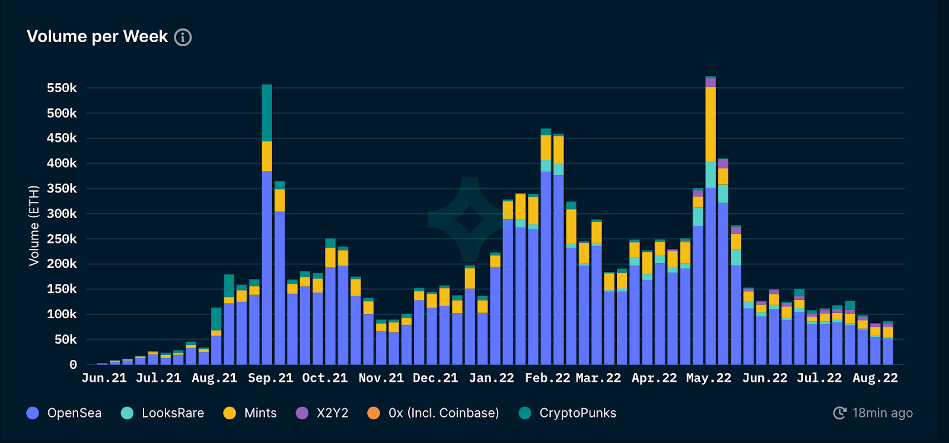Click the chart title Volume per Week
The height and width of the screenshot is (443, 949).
point(97,37)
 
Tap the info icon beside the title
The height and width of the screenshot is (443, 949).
point(183,37)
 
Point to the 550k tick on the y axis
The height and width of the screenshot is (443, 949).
point(62,88)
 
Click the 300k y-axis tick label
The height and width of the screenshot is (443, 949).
point(62,214)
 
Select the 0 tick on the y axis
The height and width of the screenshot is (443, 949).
point(73,365)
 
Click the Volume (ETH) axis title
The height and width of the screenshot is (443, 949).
point(34,226)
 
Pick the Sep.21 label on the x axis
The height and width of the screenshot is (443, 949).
point(270,378)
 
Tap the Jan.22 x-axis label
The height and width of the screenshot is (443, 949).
point(491,378)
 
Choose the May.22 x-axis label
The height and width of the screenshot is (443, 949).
point(709,378)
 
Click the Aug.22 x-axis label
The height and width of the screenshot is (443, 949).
point(875,378)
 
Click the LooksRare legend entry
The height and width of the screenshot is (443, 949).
point(163,413)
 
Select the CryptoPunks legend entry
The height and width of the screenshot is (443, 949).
point(567,413)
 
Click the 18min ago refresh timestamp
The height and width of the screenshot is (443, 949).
point(873,413)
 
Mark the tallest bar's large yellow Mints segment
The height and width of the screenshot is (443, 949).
point(711,124)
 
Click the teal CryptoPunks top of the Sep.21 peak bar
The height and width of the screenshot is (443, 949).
point(267,113)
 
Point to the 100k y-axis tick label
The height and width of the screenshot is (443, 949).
point(62,314)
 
